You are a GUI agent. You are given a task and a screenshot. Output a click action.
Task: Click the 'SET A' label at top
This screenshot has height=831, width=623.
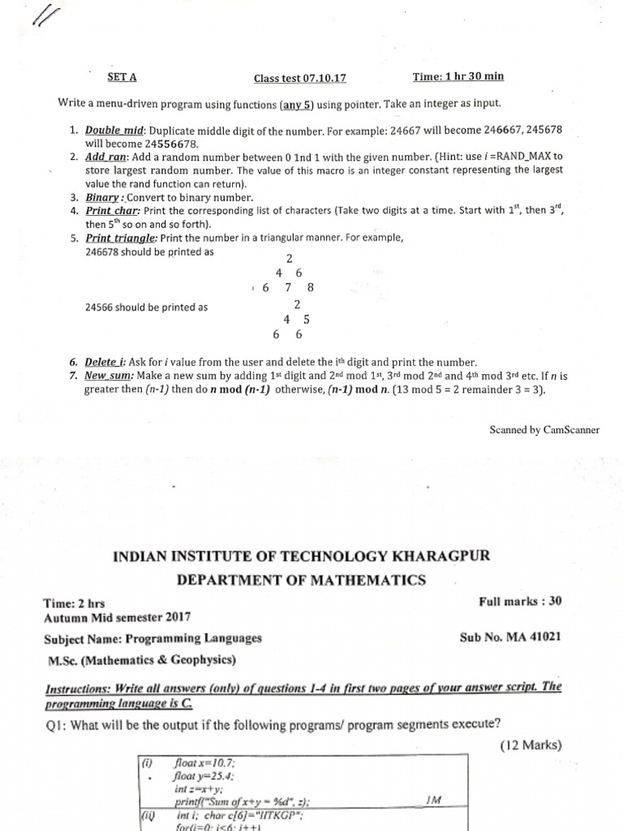pos(122,77)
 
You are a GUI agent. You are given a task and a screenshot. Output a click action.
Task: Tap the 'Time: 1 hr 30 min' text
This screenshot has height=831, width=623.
pos(458,76)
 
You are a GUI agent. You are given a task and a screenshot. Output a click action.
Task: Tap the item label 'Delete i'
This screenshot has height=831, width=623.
pos(107,363)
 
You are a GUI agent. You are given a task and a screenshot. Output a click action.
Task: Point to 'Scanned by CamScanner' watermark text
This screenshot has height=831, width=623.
pos(544,430)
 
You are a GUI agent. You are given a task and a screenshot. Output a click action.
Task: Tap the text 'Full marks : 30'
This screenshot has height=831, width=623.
pos(520,602)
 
